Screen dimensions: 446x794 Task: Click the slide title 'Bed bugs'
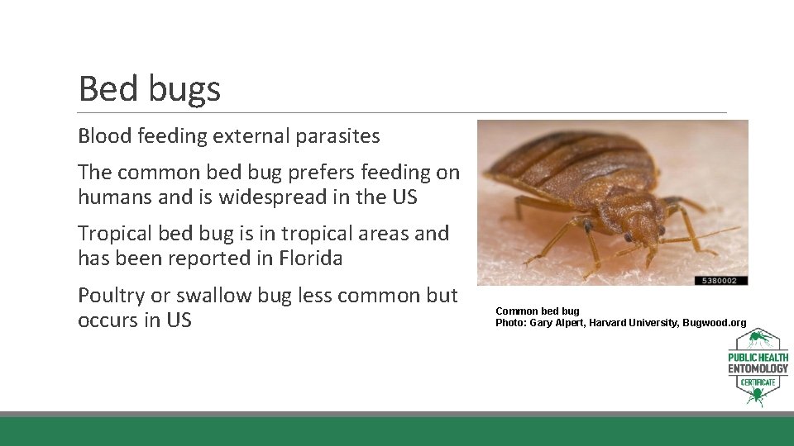point(149,88)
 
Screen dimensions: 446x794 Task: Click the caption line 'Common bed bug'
point(537,311)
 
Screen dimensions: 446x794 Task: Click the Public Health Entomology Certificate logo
point(758,368)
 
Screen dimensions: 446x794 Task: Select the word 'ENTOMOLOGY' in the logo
point(758,368)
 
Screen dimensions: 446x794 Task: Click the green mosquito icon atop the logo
point(757,340)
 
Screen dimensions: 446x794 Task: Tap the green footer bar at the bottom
point(397,431)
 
